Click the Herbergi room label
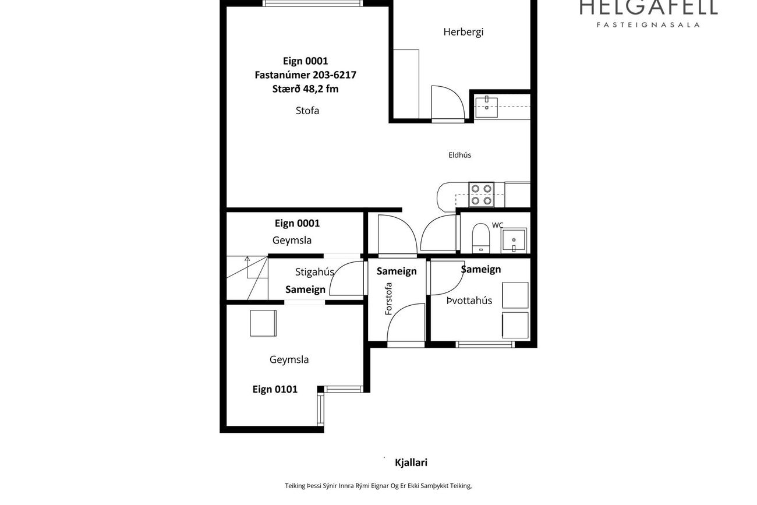[464, 32]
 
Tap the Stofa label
[307, 111]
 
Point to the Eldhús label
[459, 155]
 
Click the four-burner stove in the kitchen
[481, 195]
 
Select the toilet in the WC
[481, 238]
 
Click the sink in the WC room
[514, 241]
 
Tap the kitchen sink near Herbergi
[487, 108]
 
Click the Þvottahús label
[469, 301]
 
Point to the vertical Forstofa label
[388, 299]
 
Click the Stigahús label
[314, 272]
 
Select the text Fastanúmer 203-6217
[306, 75]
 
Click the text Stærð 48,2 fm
[306, 89]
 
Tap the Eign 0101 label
[275, 390]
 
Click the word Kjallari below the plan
[411, 462]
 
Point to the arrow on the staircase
[247, 267]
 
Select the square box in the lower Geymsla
[263, 323]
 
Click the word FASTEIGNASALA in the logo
[648, 24]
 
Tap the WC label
[497, 225]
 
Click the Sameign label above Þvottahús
[481, 270]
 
